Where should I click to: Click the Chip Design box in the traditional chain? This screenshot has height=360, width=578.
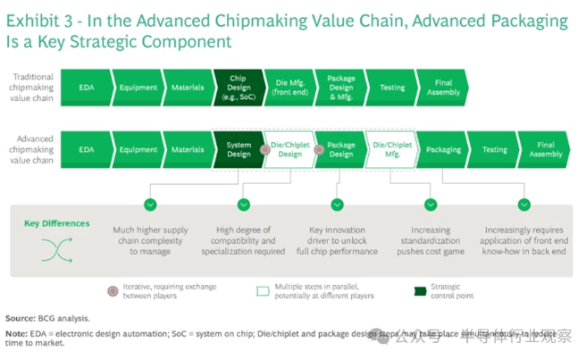tap(239, 88)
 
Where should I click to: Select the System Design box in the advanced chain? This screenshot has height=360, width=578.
tap(238, 150)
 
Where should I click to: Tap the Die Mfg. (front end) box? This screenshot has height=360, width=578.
tap(289, 88)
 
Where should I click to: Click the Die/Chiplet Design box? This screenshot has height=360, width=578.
tap(290, 150)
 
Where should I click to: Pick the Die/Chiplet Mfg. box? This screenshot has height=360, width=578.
tap(391, 150)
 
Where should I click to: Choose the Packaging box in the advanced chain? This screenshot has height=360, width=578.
tap(443, 150)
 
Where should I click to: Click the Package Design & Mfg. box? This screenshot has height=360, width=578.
tap(340, 88)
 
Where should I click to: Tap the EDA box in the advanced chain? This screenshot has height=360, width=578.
tap(86, 150)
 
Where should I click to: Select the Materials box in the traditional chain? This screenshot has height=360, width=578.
tap(188, 88)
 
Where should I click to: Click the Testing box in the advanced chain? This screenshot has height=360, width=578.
tap(494, 150)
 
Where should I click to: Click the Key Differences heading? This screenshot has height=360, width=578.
tap(57, 223)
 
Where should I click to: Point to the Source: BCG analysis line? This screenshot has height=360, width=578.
tap(47, 317)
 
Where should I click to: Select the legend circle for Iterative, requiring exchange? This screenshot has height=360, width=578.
tap(112, 291)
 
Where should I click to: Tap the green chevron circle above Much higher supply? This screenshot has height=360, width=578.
tap(150, 205)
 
